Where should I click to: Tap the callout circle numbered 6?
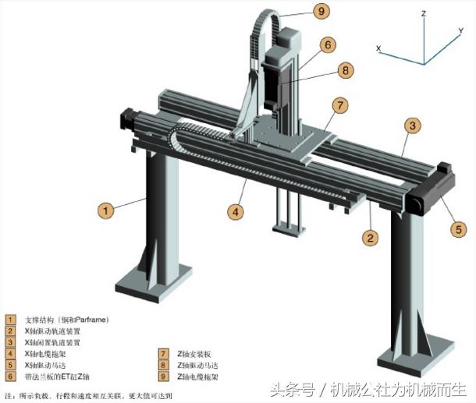(328, 45)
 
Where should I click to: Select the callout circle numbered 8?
(346, 69)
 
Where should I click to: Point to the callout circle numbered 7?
(338, 104)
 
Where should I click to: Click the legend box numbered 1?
(10, 319)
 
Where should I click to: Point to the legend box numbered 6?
(10, 376)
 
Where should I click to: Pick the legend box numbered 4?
(10, 353)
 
